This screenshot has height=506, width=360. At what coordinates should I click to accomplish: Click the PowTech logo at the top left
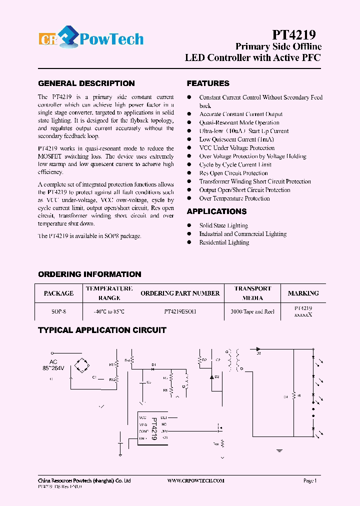tap(91, 39)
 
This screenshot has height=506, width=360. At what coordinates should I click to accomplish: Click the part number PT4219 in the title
tap(293, 34)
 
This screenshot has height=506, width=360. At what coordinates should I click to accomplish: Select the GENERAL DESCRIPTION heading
tap(86, 83)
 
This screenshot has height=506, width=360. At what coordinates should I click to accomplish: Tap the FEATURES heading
tap(208, 83)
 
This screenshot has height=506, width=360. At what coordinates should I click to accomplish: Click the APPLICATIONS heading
tap(217, 211)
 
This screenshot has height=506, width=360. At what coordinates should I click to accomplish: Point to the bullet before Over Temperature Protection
tap(189, 198)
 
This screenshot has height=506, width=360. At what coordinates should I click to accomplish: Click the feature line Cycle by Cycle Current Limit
tap(235, 164)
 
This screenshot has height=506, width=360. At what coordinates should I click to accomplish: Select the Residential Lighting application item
tap(224, 242)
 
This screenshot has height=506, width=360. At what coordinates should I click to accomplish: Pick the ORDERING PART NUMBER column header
tap(180, 293)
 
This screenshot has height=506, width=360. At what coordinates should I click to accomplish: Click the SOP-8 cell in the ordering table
tap(58, 311)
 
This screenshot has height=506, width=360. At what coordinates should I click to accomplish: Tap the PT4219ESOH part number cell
tap(180, 311)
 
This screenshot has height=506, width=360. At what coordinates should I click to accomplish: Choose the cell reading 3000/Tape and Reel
tap(252, 311)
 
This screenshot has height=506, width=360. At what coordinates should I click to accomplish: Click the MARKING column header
tap(303, 293)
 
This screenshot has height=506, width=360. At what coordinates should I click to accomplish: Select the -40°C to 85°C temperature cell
tap(109, 311)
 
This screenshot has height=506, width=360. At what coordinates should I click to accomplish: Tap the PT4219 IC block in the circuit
tap(153, 428)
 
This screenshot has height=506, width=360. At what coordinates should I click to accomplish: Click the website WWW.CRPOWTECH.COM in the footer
tap(195, 480)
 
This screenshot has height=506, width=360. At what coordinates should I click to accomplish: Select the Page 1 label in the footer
tap(310, 480)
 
